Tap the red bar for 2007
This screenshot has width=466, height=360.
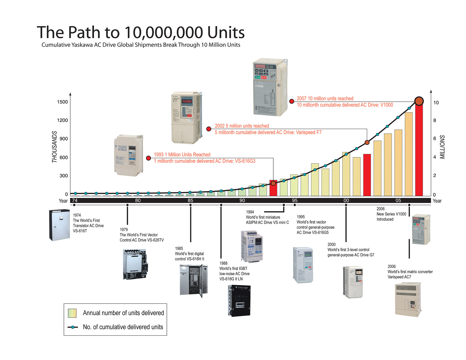point(419,150)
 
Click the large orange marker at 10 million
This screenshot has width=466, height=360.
point(419,101)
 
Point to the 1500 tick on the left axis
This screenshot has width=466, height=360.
point(62,102)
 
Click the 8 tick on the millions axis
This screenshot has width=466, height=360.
point(435,120)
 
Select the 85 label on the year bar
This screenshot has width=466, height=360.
point(190,200)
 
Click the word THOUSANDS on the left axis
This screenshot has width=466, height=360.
point(54,147)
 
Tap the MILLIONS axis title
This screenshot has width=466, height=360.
point(442,147)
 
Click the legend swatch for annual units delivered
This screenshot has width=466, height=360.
point(72,313)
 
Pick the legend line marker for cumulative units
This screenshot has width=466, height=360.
point(73,327)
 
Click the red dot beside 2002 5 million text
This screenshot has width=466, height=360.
point(209,129)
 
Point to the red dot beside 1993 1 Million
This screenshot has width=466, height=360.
point(148,158)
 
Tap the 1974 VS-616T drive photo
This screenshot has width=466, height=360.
point(60,225)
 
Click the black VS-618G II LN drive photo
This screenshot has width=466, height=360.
point(239,300)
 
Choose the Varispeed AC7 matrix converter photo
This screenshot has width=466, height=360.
point(408,299)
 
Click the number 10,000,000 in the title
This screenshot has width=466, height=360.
point(164,32)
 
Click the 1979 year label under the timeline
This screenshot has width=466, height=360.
point(124,230)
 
